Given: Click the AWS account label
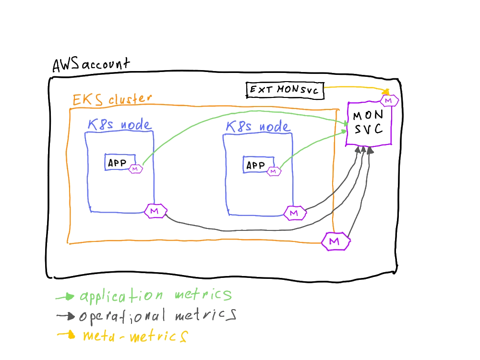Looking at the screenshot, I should tap(90, 65).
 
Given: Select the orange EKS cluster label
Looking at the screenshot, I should tap(112, 100).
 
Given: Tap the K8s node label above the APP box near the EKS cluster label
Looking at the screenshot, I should tap(119, 125).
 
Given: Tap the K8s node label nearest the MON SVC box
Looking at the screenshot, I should tap(258, 127).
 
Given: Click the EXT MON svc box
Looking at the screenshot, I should tap(285, 90).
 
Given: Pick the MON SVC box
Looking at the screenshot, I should tap(369, 123).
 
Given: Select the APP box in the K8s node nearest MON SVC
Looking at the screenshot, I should tap(255, 165).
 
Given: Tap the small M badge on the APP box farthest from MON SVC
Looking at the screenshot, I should tap(135, 169).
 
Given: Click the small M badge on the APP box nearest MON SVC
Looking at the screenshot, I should tap(274, 170).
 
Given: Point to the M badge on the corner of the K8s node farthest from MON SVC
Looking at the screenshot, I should tap(155, 211).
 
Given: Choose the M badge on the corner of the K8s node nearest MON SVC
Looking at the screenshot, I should tap(294, 213).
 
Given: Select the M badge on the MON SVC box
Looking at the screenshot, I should tap(389, 100).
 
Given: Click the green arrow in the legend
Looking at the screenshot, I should tap(65, 298).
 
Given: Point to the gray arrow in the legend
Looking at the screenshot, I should tap(65, 317).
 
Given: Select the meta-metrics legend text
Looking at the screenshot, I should tap(134, 336).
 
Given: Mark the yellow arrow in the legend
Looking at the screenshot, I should tap(66, 336).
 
